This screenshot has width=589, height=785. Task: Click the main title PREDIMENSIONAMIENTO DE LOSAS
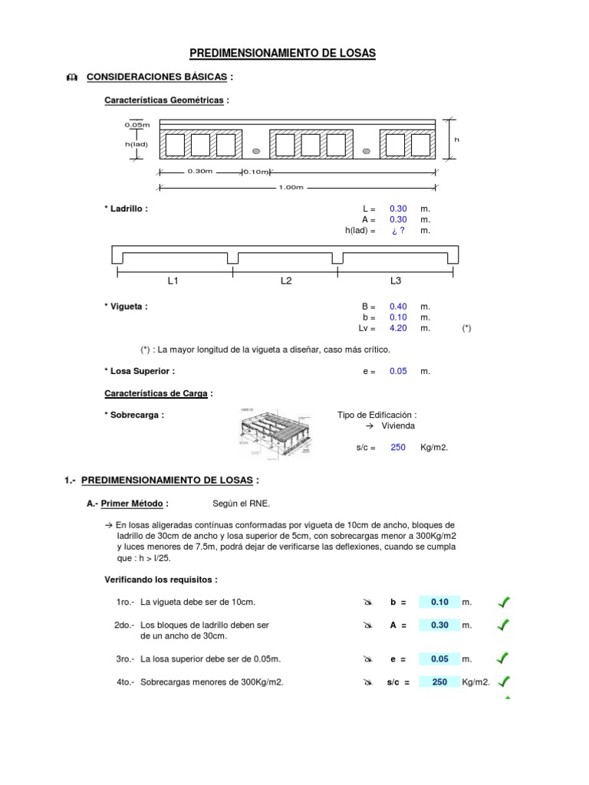tap(294, 53)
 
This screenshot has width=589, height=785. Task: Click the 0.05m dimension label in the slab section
tap(137, 124)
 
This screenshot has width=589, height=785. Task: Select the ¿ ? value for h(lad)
tap(397, 230)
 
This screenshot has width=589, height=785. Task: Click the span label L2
tap(286, 281)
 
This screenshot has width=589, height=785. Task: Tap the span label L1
tap(173, 281)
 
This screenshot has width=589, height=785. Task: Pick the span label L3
tap(396, 281)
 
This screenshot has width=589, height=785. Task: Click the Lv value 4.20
tap(398, 328)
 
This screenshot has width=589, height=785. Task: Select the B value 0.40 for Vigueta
tap(398, 307)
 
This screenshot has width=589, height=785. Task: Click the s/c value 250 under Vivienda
tap(397, 448)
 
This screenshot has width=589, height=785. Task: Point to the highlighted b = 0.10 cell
tap(439, 602)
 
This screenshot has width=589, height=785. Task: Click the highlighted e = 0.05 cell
tap(439, 659)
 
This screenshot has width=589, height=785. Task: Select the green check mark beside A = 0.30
tap(504, 626)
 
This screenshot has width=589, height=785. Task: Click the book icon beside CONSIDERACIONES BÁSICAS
tap(72, 77)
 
